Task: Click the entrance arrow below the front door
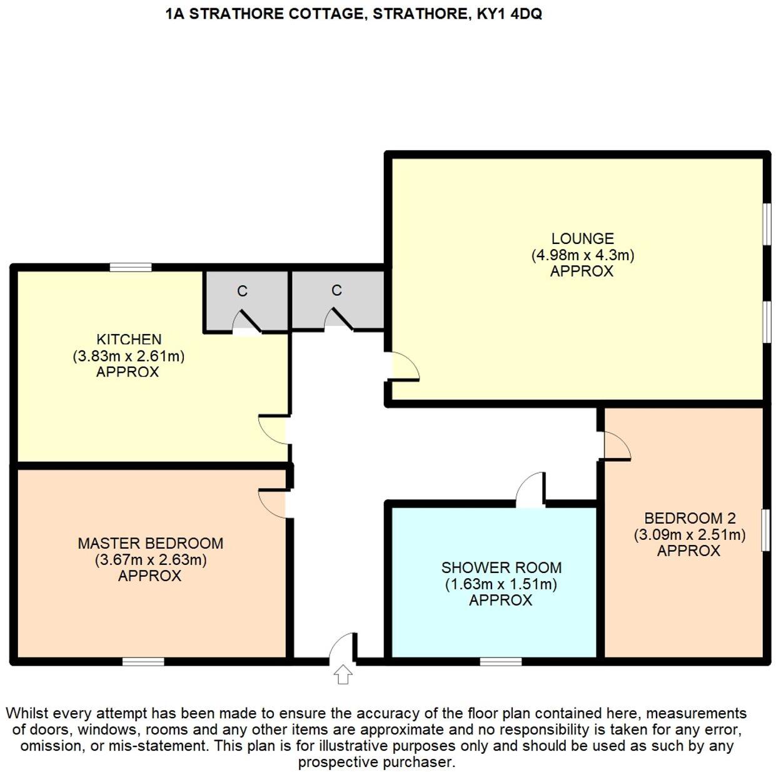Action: click(343, 674)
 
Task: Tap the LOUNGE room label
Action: click(582, 238)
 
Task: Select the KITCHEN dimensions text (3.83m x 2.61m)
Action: click(129, 356)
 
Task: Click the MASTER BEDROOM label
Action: click(150, 543)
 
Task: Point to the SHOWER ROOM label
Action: click(501, 567)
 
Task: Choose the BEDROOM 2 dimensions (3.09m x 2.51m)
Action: click(689, 535)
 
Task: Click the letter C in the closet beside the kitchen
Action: click(242, 291)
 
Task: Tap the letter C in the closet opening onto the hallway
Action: click(336, 290)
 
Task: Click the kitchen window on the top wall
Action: click(131, 267)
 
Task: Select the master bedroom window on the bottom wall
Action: click(143, 661)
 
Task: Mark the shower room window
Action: click(500, 661)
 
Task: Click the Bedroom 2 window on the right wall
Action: click(765, 530)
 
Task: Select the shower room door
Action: click(530, 490)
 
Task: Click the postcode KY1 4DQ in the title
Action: click(509, 14)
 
